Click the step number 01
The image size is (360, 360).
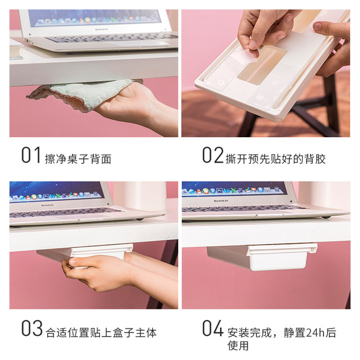[31, 155]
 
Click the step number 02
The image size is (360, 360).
[213, 155]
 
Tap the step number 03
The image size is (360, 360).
[31, 328]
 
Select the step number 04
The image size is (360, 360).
[213, 328]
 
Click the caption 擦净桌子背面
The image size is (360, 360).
[78, 159]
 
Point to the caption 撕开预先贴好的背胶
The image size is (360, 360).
[276, 159]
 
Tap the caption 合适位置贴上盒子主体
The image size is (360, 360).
[101, 332]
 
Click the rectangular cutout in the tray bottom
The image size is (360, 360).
[262, 64]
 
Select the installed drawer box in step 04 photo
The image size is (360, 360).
[262, 257]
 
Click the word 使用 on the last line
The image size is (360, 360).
[238, 345]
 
